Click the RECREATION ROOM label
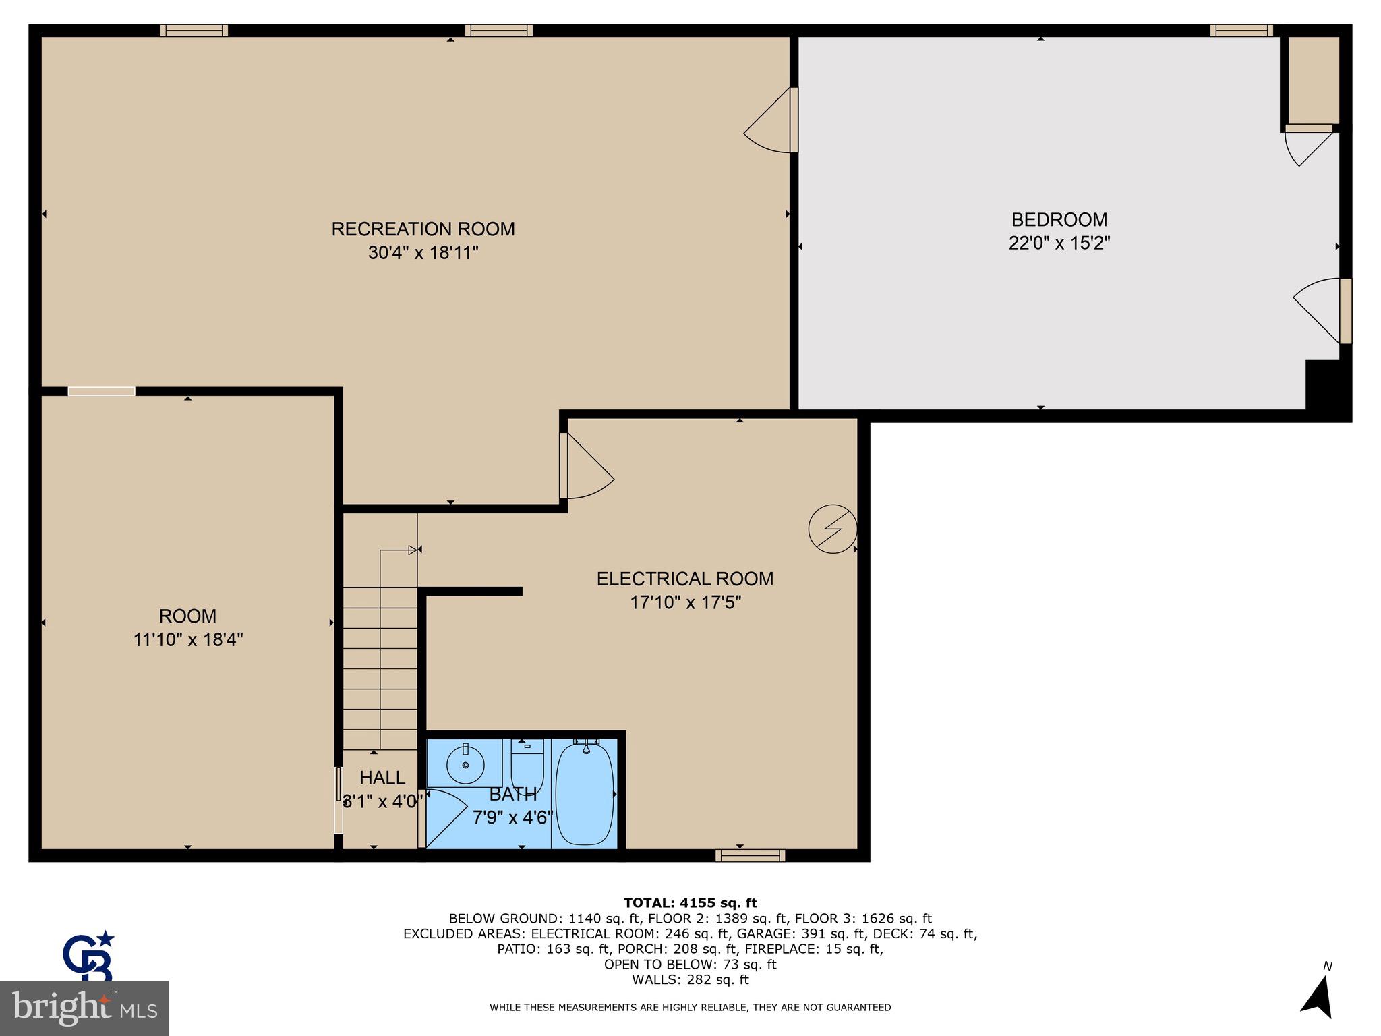coord(423,229)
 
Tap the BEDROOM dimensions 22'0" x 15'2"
coord(1059,243)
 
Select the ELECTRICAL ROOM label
coord(684,579)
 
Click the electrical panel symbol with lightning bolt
coord(833,529)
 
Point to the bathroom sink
coord(465,765)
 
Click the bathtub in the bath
coord(585,795)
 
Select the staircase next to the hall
coord(380,668)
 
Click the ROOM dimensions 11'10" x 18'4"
coord(188,639)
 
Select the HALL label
coord(382,778)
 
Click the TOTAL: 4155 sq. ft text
coord(690,903)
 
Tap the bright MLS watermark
coord(84,1008)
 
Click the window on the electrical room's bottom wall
coord(750,856)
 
